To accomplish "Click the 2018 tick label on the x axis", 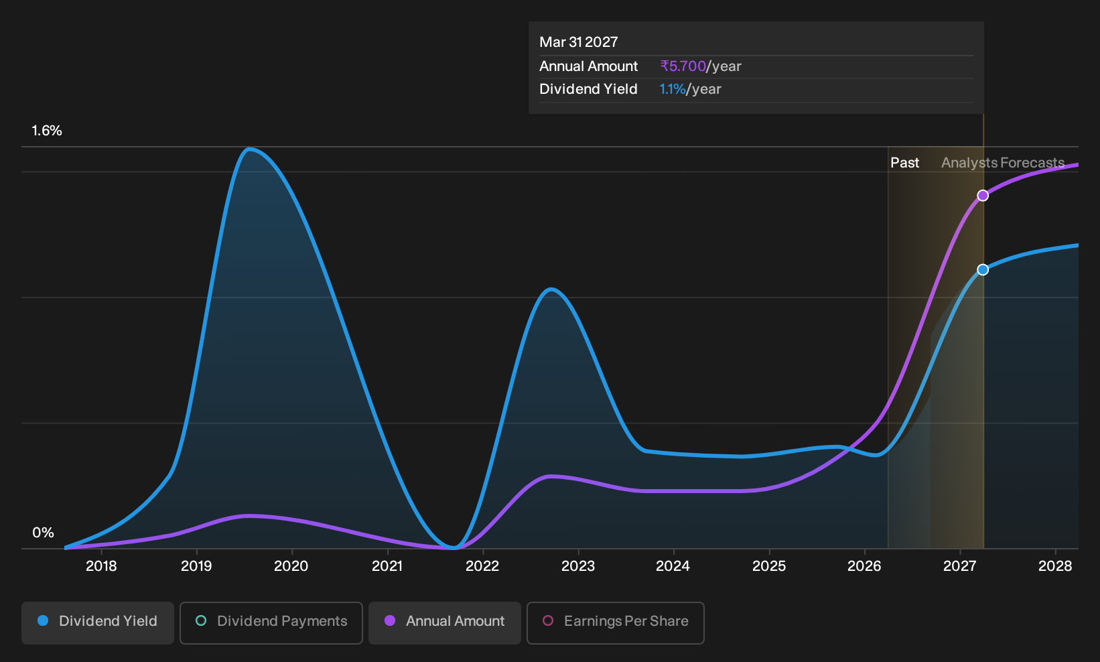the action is tap(101, 566).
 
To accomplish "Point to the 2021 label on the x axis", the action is tap(387, 566).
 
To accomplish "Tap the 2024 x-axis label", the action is tap(673, 566).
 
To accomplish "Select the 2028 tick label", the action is tap(1055, 566).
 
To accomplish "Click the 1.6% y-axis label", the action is tap(47, 131).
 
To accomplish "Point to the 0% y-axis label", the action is tap(44, 533).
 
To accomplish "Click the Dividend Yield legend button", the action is tap(98, 622).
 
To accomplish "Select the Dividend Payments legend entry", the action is tap(271, 622).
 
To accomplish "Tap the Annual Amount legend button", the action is tap(444, 622).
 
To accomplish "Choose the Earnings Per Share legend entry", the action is tap(615, 622).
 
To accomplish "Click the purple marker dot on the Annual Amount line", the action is tap(983, 196).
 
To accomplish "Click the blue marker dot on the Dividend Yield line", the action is tap(983, 269).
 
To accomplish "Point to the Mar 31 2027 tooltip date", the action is tap(579, 42).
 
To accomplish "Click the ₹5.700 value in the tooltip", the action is tap(683, 66).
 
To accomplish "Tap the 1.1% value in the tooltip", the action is tap(673, 89).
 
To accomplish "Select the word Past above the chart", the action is tap(904, 163).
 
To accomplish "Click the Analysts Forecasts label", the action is tap(1003, 163).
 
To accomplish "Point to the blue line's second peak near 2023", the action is tap(551, 289).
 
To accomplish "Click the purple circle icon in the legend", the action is tap(389, 620).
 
